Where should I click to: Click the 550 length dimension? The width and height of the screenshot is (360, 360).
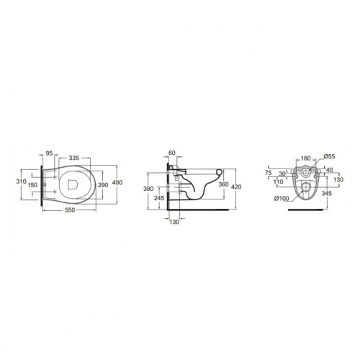coord(70,210)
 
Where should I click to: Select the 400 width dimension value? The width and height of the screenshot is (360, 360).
coord(117,183)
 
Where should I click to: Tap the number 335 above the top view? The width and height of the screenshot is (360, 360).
coord(74,158)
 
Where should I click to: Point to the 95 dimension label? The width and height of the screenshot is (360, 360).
coord(49,153)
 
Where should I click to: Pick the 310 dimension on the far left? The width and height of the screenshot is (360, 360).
coord(21,181)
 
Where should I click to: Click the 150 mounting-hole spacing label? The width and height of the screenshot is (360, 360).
coord(32,185)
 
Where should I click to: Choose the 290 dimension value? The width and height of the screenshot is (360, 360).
coord(103,185)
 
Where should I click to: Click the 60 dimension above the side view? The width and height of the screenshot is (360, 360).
coord(172,153)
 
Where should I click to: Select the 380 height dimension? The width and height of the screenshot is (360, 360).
coord(148,189)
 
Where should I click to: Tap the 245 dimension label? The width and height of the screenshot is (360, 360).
coord(159,198)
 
